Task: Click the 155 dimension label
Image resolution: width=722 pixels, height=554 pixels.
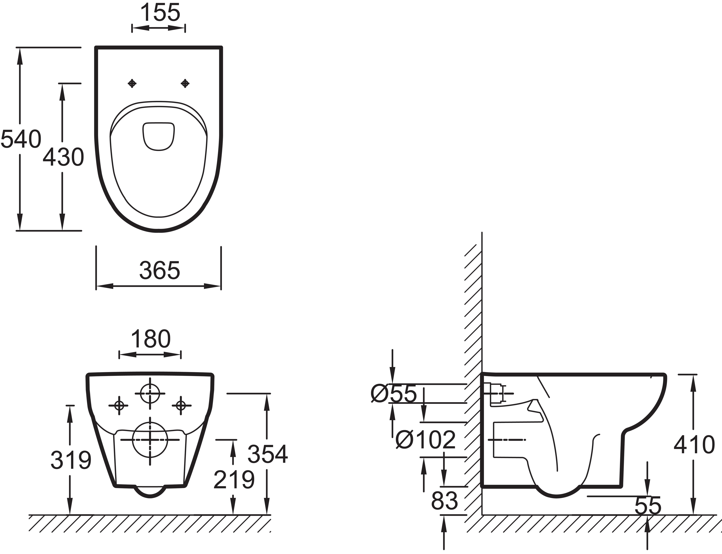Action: [160, 12]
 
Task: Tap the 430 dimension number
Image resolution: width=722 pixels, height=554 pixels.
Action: [63, 157]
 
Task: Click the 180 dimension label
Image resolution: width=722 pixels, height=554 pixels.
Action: [151, 339]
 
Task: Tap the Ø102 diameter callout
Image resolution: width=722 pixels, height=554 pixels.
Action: [425, 440]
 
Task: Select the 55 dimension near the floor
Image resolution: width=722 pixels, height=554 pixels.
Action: [648, 505]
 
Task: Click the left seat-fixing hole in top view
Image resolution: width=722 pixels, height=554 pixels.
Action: [132, 83]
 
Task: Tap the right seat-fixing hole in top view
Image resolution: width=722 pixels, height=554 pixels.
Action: [185, 83]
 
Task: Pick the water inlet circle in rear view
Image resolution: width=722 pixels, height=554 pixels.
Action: [150, 393]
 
